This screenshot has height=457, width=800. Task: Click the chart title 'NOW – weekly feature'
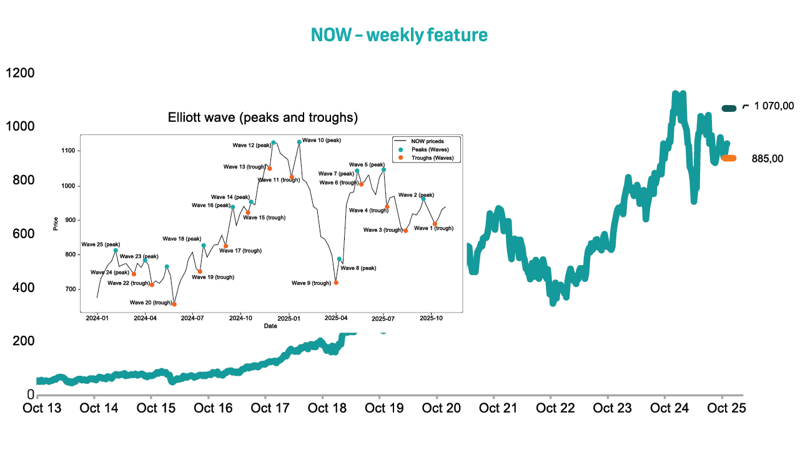[399, 35]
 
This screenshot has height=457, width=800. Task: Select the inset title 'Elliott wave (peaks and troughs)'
[263, 118]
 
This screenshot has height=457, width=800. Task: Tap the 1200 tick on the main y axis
[20, 73]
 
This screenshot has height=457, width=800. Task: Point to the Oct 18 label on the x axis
[322, 409]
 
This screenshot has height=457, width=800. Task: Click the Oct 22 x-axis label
[550, 409]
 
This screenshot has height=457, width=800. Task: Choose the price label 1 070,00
[774, 106]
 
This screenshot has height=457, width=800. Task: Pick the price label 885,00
[768, 159]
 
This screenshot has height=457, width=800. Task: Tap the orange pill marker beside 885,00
[729, 158]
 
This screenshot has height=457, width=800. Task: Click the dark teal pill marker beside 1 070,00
[729, 108]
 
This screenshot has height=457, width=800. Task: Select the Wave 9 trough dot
[336, 283]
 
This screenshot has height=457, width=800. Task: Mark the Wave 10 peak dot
[299, 142]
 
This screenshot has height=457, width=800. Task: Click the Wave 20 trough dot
[174, 304]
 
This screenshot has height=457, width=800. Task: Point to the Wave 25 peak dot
[116, 250]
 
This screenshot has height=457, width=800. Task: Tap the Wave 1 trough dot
[435, 224]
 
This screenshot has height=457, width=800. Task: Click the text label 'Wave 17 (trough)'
[240, 251]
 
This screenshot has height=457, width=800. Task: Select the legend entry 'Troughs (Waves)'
[431, 158]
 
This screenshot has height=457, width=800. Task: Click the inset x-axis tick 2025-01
[289, 318]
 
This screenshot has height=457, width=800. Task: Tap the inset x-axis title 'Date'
[270, 326]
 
